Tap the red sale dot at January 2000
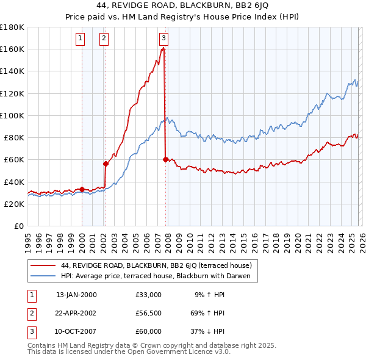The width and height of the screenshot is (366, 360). pos(82,189)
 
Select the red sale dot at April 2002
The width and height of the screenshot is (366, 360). pos(106,164)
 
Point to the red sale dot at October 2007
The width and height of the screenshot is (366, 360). pos(165,159)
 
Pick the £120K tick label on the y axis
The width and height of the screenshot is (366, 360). pos(12,93)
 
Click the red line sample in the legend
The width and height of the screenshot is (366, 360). pos(43,265)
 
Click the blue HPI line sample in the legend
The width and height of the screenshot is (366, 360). pos(43,276)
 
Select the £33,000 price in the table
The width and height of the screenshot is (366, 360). pos(148,295)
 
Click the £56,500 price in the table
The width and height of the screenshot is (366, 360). pos(148,313)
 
